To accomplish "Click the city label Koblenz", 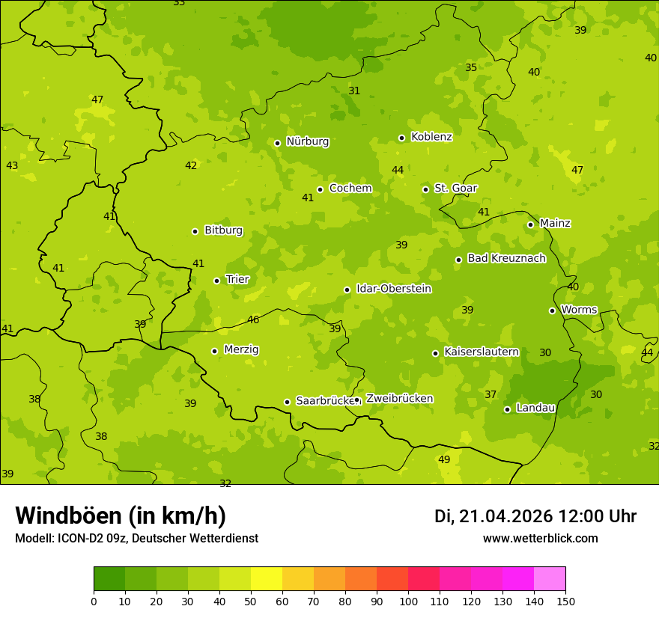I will click(431, 137).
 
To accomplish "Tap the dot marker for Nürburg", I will click(277, 143).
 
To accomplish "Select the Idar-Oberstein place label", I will click(394, 289).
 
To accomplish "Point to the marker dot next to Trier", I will click(217, 281).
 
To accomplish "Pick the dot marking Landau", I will click(507, 409).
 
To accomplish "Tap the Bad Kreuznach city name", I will click(506, 258).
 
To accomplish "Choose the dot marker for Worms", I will click(552, 310).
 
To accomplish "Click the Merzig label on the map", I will click(241, 349).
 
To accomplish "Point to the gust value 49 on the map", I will click(444, 459).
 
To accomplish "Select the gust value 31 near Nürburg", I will click(354, 91).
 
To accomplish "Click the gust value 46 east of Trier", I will click(253, 319).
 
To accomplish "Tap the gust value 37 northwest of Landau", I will click(491, 394).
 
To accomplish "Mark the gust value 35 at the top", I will click(471, 67).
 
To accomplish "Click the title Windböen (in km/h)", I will click(121, 516).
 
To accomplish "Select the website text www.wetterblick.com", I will click(540, 539).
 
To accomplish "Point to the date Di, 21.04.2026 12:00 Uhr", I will click(535, 516).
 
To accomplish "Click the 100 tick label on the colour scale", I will click(408, 601).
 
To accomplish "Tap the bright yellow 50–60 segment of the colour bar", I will click(267, 579).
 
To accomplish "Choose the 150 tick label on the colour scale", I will click(565, 601).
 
